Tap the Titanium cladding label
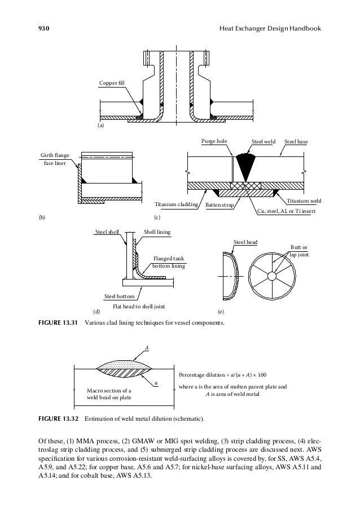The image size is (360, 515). [x=175, y=204]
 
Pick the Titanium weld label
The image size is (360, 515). [x=304, y=201]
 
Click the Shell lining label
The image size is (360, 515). [x=157, y=232]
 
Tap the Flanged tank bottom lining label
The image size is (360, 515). [x=169, y=262]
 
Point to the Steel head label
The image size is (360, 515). [x=245, y=243]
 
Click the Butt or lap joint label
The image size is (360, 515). [x=298, y=251]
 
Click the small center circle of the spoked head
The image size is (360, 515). [x=272, y=276]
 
